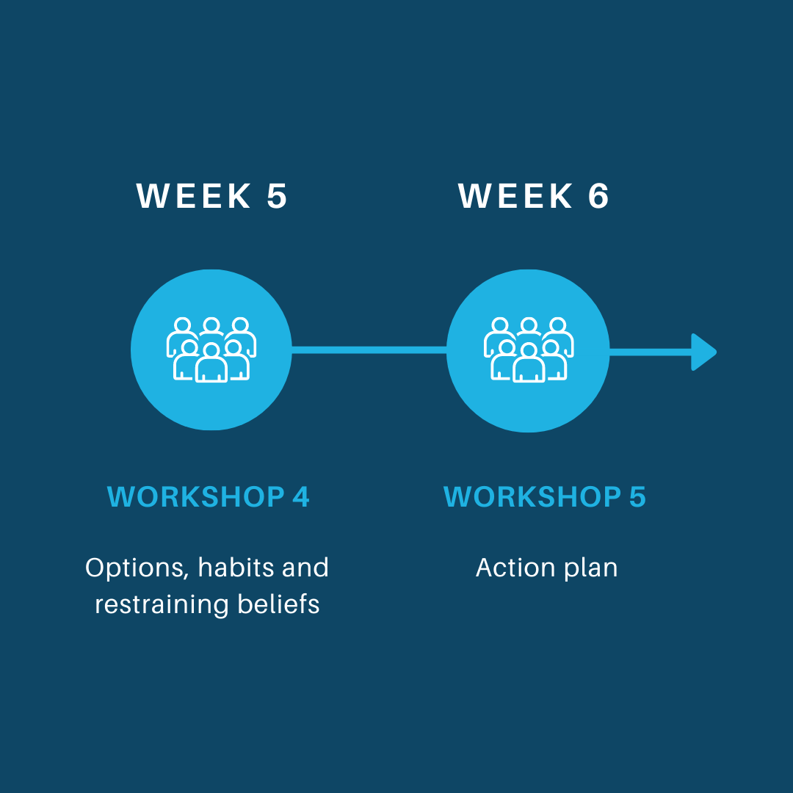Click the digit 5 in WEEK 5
pyautogui.click(x=277, y=196)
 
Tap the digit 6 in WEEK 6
pyautogui.click(x=598, y=196)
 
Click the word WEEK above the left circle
pyautogui.click(x=194, y=196)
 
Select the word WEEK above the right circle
pyautogui.click(x=515, y=196)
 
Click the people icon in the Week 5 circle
pyautogui.click(x=211, y=350)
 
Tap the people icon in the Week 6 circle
pyautogui.click(x=529, y=350)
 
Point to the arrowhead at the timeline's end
pyautogui.click(x=703, y=352)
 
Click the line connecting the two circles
pyautogui.click(x=369, y=350)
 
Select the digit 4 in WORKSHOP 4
pyautogui.click(x=300, y=496)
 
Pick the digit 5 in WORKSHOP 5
pyautogui.click(x=637, y=496)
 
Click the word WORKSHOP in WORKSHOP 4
pyautogui.click(x=196, y=496)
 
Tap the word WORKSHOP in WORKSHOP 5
pyautogui.click(x=532, y=496)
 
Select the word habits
pyautogui.click(x=236, y=568)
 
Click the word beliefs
pyautogui.click(x=279, y=604)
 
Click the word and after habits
pyautogui.click(x=305, y=568)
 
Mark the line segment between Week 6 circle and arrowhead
pyautogui.click(x=651, y=352)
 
